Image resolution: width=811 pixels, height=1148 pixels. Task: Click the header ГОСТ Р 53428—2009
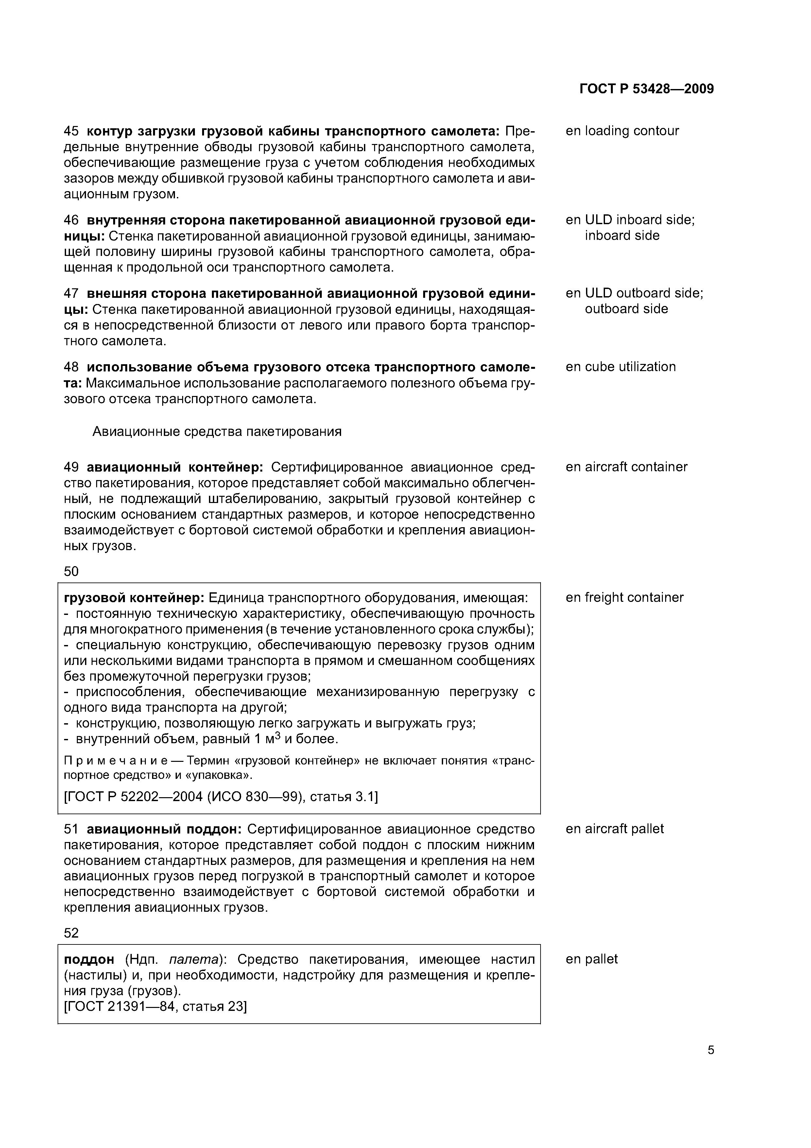click(x=646, y=89)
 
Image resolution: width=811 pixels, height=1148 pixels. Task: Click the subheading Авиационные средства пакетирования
click(x=217, y=432)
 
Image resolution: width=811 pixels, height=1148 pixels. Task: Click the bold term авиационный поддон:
click(x=164, y=829)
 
